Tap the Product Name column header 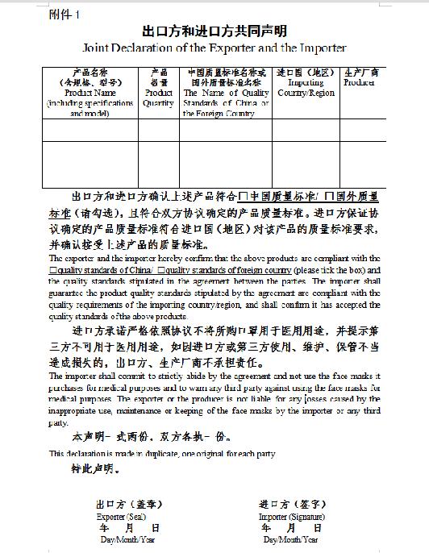pyautogui.click(x=90, y=92)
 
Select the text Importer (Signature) pyautogui.click(x=291, y=516)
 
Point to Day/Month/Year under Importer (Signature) pyautogui.click(x=290, y=539)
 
